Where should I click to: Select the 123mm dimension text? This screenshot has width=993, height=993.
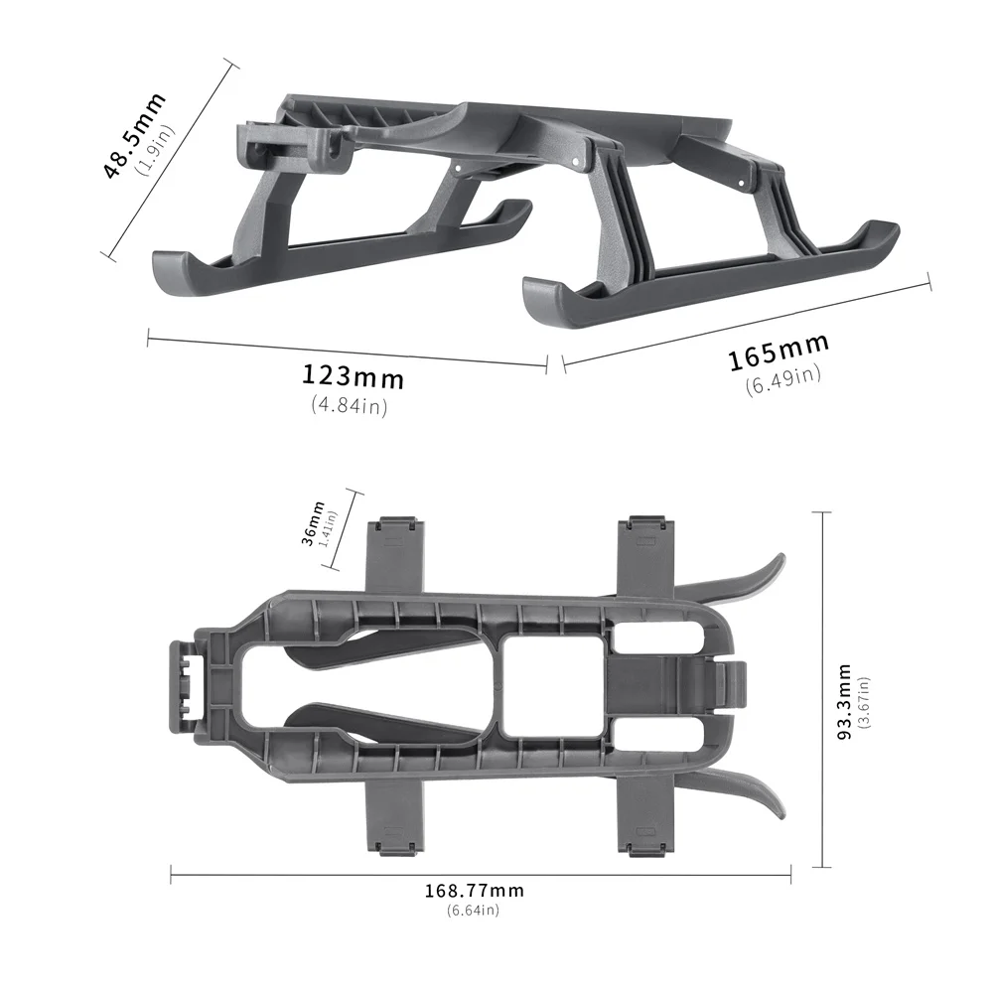click(354, 376)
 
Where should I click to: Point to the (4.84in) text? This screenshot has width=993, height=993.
click(349, 404)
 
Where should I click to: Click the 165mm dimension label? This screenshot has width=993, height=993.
click(779, 352)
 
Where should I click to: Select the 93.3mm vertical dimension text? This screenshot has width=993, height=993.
click(843, 702)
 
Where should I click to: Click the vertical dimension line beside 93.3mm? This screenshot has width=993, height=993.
click(821, 690)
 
